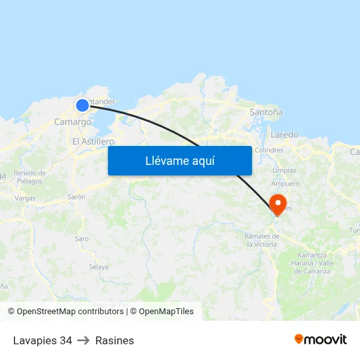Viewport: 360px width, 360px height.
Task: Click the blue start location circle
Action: click(82, 105)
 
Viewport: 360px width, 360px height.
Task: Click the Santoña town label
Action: click(266, 113)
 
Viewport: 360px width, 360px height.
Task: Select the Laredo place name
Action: click(284, 135)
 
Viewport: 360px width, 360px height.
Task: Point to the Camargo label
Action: click(73, 122)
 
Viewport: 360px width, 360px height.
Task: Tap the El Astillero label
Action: click(93, 141)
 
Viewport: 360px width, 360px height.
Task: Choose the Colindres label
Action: click(269, 150)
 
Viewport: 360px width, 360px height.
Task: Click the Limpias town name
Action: click(284, 170)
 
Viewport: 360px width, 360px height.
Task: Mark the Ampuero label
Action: click(285, 184)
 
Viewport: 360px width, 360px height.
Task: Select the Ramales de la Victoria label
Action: click(261, 240)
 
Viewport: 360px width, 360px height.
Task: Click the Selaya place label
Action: click(99, 266)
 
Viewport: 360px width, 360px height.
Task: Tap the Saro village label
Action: click(82, 239)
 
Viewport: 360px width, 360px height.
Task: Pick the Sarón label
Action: click(77, 196)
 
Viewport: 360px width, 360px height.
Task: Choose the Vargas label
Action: click(25, 198)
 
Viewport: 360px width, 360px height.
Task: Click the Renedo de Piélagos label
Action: click(29, 177)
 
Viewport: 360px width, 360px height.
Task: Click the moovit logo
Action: click(321, 340)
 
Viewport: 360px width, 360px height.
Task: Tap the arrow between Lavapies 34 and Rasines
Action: click(84, 340)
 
